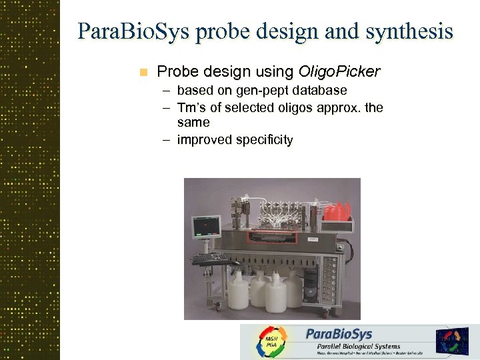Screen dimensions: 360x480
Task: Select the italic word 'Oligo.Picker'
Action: point(340,71)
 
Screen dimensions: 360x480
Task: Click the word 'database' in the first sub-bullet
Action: point(317,90)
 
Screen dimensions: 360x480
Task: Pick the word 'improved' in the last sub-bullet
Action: point(203,139)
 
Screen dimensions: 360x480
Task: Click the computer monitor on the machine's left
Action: point(205,227)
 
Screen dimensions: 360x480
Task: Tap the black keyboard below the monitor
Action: point(209,257)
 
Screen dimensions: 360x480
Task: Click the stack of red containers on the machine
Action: point(337,211)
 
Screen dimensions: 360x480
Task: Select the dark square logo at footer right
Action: point(452,341)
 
